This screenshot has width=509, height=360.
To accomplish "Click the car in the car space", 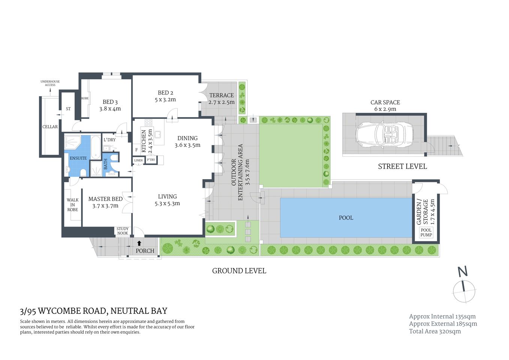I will point(385,134).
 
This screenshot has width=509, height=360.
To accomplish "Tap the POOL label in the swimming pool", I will point(346,218).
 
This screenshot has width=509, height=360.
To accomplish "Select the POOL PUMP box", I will point(426,232).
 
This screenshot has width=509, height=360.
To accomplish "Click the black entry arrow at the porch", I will point(139,243).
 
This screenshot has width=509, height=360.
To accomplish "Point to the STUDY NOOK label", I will point(123,231).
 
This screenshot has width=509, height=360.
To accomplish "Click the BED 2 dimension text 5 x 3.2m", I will point(165,100).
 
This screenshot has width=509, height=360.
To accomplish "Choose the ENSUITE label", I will point(78,158).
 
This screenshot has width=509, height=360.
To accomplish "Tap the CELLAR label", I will point(50,127).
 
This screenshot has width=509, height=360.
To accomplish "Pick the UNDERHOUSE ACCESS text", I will point(50,83).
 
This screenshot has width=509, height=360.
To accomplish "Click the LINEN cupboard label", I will point(138,160).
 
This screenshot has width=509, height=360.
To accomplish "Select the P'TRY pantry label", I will point(151,160).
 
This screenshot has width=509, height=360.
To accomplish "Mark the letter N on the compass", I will point(463,271).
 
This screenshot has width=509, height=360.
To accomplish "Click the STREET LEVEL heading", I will point(402,166).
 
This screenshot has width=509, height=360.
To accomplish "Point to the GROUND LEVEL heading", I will point(239,271).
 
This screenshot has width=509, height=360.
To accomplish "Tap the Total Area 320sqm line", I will point(435,331).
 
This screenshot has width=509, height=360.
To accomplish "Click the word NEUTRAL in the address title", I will point(130,311).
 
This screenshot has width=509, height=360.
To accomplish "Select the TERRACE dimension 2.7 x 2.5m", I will point(222,102).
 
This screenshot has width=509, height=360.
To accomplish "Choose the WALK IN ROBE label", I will point(73,205).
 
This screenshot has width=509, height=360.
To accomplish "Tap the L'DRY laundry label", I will point(109,140).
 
